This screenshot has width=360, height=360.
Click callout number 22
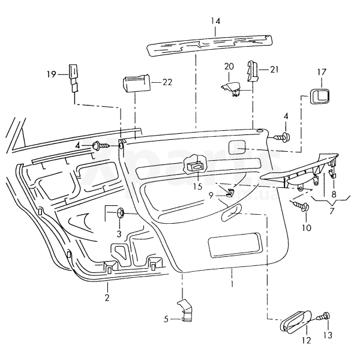point(167,82)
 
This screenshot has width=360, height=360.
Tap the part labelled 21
point(252,71)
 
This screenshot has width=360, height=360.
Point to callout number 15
point(197,186)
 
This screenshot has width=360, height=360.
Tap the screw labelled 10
point(302,207)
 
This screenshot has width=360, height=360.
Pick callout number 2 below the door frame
point(107,298)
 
